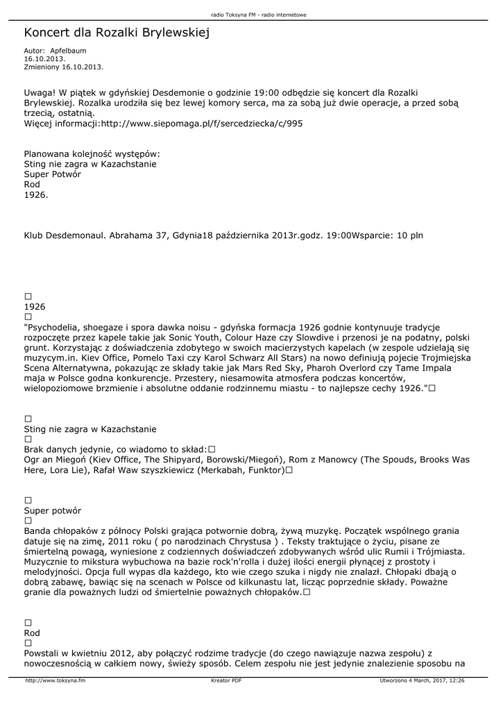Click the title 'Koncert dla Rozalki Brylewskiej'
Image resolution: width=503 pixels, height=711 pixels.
[x=117, y=33]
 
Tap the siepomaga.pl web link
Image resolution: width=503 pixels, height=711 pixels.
[x=202, y=124]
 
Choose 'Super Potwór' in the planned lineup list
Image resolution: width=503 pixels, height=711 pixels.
[x=53, y=174]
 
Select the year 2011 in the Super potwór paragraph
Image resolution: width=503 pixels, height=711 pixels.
[x=114, y=541]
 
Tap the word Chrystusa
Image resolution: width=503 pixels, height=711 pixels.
[x=248, y=541]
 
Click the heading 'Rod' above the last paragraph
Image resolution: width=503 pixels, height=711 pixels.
[x=32, y=633]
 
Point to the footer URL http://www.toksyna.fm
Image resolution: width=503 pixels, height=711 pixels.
[x=56, y=681]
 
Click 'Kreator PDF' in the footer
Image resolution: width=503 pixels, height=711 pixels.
[x=226, y=681]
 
